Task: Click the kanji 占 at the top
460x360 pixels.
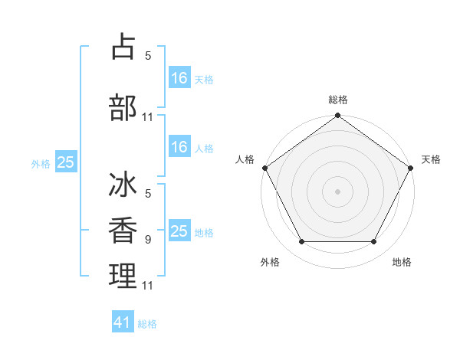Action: click(123, 47)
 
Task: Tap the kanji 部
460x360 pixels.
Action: click(123, 108)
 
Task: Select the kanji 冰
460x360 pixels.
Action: click(123, 187)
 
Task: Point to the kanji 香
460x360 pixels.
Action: click(123, 231)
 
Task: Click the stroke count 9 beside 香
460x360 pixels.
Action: click(147, 240)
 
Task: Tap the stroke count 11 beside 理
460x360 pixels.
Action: click(148, 286)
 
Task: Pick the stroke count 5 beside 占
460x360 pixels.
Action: click(147, 56)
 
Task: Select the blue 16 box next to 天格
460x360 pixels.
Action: click(179, 78)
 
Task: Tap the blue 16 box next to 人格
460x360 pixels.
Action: click(179, 148)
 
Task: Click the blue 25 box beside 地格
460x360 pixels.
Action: click(179, 231)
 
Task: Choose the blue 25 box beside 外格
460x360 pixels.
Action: click(65, 162)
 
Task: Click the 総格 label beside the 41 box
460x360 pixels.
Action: click(147, 324)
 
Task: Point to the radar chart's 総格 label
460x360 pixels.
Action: click(337, 100)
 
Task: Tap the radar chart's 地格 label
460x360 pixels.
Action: click(402, 262)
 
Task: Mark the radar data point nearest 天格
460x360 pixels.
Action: click(412, 167)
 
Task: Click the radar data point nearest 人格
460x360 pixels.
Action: click(264, 167)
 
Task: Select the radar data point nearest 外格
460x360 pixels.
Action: click(301, 242)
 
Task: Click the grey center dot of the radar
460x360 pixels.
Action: click(337, 191)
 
